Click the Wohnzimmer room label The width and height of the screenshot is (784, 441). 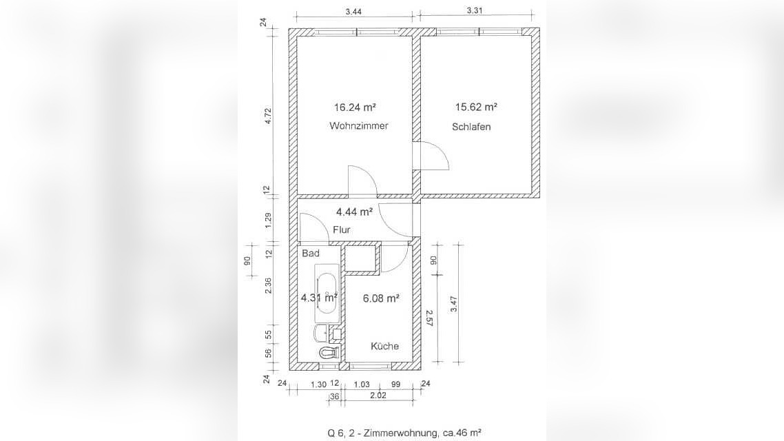(x=358, y=126)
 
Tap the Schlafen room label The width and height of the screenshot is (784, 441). (x=471, y=127)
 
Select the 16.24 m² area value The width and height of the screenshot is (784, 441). (x=355, y=107)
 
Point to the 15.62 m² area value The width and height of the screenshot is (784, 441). (x=475, y=107)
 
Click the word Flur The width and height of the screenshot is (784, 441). (x=342, y=230)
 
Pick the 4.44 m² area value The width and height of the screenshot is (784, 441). (x=354, y=212)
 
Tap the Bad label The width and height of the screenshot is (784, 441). (x=311, y=254)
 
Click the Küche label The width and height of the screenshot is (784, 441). (x=384, y=346)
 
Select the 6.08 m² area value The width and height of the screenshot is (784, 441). (x=381, y=298)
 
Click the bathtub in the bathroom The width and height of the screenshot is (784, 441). (x=327, y=293)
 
